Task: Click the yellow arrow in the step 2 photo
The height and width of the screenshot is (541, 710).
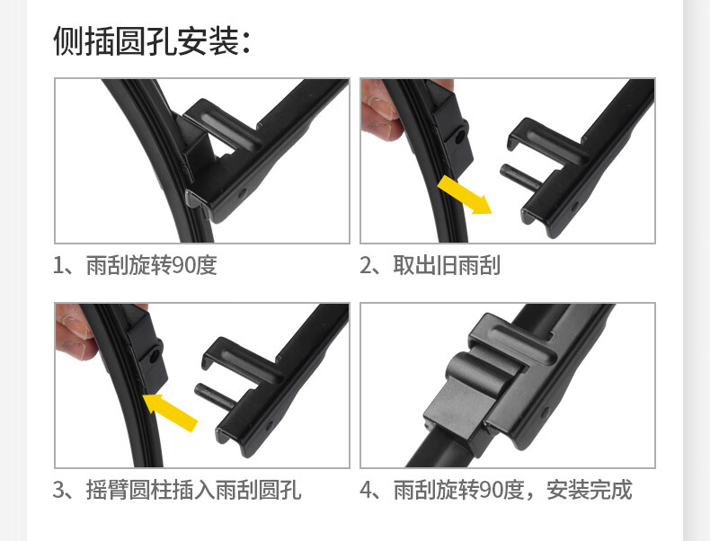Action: pos(465,195)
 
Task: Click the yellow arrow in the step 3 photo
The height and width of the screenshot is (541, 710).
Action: pos(170,412)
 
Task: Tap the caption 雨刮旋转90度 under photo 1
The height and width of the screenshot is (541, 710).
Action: pos(152,265)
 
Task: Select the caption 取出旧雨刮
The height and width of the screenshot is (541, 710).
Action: pos(447,265)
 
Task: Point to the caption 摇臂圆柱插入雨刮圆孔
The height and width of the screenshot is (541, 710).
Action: pos(193,490)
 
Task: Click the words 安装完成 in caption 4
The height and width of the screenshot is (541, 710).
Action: pos(589,490)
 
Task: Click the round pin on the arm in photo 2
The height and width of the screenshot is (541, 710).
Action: pos(519,176)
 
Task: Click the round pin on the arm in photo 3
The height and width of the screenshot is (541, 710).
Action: pos(215,395)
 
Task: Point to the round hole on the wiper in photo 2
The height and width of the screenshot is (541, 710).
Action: pos(459,137)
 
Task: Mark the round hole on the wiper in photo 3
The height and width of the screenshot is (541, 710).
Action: pos(155,356)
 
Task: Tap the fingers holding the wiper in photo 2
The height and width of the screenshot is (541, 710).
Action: pos(380,110)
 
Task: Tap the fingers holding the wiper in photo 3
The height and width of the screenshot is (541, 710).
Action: pos(75,333)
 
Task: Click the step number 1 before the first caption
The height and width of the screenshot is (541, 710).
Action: pos(58,266)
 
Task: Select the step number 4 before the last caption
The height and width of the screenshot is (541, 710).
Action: pos(366,491)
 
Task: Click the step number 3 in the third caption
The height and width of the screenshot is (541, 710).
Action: pos(58,491)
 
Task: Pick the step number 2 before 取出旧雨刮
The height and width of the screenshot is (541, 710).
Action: pos(366,266)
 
